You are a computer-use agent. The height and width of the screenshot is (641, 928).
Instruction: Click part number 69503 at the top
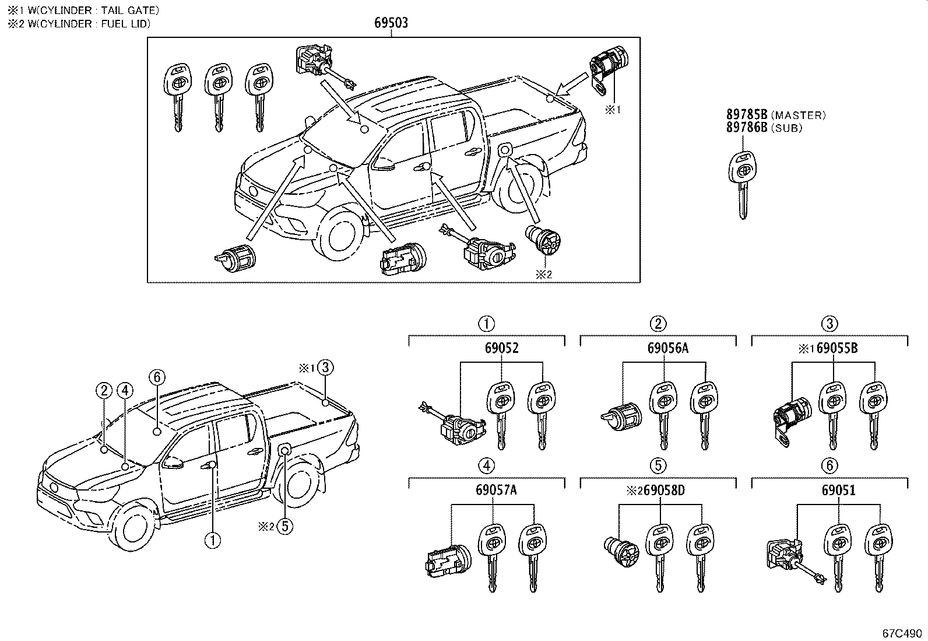391,23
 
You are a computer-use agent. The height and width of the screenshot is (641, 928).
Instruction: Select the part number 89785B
747,115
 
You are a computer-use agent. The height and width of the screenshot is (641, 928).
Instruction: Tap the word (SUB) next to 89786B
786,128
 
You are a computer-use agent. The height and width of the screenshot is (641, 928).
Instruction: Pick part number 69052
501,348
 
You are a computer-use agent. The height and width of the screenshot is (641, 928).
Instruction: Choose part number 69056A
667,348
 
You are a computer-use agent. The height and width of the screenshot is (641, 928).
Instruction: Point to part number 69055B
837,348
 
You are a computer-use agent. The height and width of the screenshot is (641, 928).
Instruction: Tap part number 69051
839,490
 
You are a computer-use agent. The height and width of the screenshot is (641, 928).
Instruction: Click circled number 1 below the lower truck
213,540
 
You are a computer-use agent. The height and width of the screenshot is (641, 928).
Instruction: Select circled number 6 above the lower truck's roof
156,377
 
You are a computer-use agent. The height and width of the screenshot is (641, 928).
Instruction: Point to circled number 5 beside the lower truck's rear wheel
284,526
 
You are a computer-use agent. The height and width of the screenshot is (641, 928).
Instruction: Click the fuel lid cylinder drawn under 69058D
621,551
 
